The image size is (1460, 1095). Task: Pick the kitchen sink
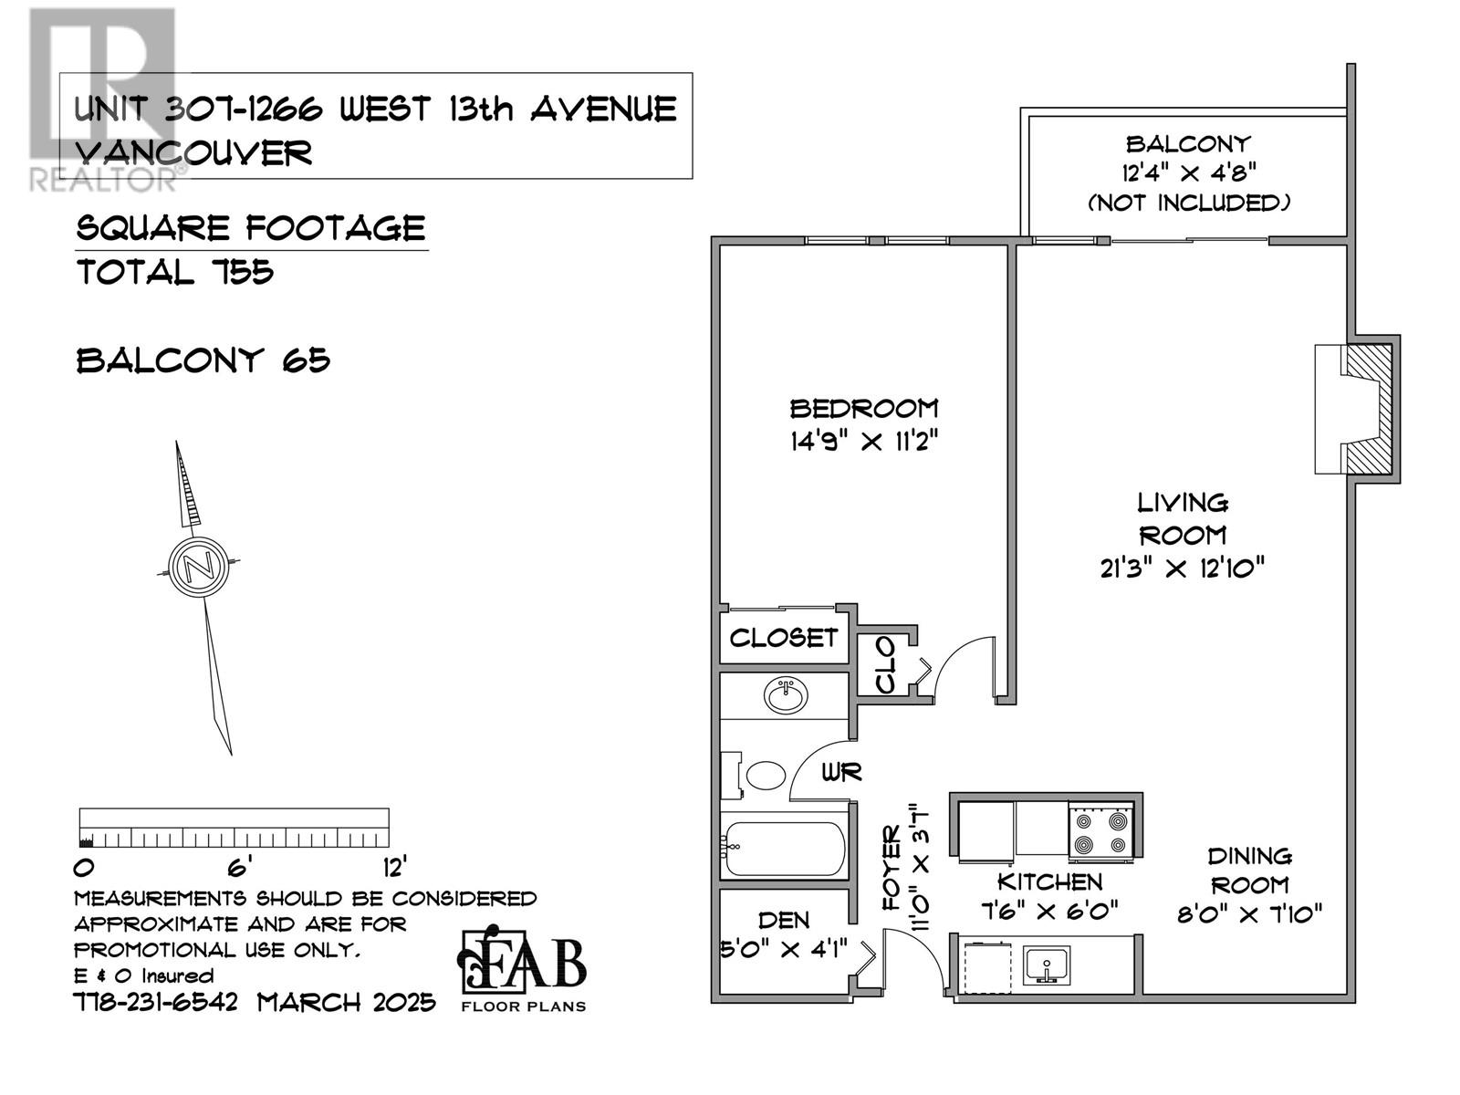[x=1047, y=965]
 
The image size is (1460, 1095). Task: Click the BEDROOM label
[x=863, y=408]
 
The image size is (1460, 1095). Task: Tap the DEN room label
[x=783, y=920]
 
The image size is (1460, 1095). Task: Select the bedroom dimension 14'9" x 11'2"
[x=863, y=442]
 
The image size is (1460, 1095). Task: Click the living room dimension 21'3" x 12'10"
[x=1182, y=568]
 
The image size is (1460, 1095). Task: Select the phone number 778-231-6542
[x=155, y=1003]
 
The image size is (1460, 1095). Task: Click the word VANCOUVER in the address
[x=194, y=152]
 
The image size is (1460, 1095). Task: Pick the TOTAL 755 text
[x=175, y=272]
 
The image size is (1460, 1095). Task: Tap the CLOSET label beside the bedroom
[x=783, y=637]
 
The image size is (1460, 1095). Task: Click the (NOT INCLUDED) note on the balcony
[x=1188, y=203]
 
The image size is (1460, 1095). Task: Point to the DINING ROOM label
[x=1248, y=870]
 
